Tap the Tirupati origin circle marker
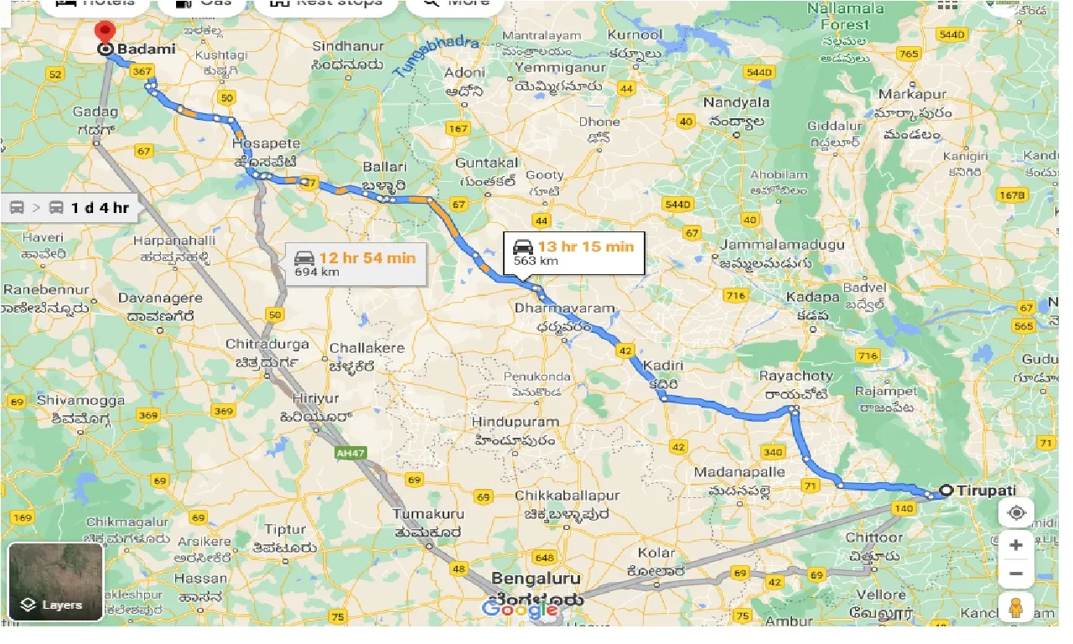click(x=946, y=491)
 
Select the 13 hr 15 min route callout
click(x=573, y=252)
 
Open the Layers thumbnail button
click(x=55, y=582)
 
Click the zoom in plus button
click(x=1016, y=545)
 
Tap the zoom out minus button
click(x=1016, y=574)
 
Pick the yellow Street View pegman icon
click(x=1016, y=608)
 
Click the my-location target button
click(x=1016, y=513)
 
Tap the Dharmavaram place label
click(x=565, y=309)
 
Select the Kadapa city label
click(x=812, y=298)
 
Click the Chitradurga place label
click(x=267, y=345)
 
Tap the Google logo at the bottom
click(x=520, y=610)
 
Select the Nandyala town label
click(x=736, y=102)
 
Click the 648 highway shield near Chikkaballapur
click(x=544, y=558)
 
